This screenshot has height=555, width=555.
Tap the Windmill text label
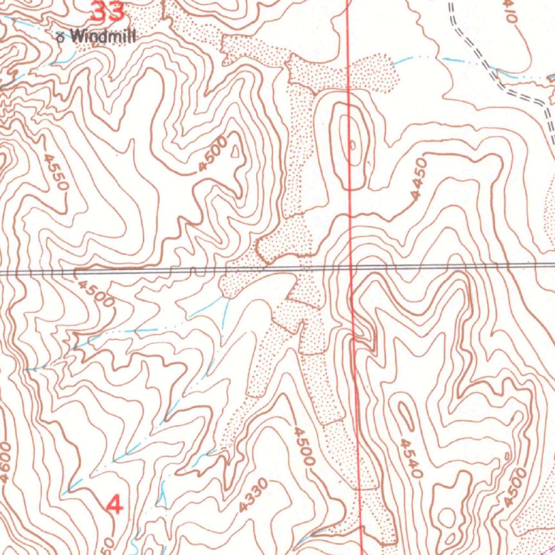coord(103,36)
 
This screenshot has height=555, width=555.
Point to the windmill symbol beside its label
coord(60,37)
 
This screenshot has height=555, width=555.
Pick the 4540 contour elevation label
coord(410,459)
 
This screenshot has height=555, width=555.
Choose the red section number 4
coord(114,505)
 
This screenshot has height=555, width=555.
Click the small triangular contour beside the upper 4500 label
coord(234,152)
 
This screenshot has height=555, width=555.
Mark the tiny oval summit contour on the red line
coord(352,145)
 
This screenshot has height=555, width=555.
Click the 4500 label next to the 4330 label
coord(304,446)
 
